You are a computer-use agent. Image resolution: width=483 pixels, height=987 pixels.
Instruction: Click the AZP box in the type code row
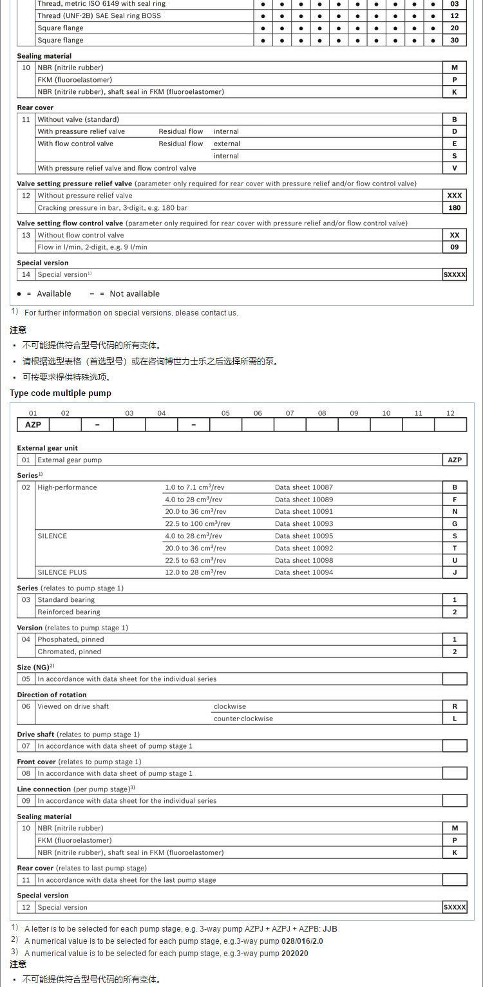33,425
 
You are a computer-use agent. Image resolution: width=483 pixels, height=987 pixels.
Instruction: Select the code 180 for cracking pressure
454,208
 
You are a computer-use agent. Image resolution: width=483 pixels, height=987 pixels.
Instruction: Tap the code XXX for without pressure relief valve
454,196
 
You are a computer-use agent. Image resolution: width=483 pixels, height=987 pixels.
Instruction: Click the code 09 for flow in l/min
454,247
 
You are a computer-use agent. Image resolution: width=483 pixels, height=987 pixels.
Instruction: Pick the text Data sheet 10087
304,487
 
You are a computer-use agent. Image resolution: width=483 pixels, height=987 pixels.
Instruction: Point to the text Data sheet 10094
304,572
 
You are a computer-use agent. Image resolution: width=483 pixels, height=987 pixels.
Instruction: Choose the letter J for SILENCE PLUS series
454,572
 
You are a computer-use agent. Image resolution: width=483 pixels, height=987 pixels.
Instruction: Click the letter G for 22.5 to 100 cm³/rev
454,524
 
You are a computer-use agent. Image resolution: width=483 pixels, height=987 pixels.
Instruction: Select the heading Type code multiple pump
61,393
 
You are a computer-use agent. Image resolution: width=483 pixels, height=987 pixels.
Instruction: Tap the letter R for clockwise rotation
454,706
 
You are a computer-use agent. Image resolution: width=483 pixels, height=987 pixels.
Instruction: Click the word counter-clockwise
243,719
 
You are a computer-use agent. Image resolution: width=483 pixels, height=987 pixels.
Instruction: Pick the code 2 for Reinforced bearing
454,612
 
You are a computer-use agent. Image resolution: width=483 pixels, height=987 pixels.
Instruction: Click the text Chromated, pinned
70,652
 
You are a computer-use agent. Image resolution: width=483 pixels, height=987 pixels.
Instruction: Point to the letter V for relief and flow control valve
454,168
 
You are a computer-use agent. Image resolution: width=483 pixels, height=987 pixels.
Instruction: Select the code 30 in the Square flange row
454,40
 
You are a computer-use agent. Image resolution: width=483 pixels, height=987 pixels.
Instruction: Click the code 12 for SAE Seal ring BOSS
454,15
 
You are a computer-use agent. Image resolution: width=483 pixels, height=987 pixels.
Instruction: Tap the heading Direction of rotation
52,695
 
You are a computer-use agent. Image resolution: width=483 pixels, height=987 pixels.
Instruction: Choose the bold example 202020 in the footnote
295,954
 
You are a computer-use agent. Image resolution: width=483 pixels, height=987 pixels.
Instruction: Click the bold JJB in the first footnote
330,929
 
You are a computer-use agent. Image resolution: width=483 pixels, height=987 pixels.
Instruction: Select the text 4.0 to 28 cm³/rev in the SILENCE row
193,536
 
